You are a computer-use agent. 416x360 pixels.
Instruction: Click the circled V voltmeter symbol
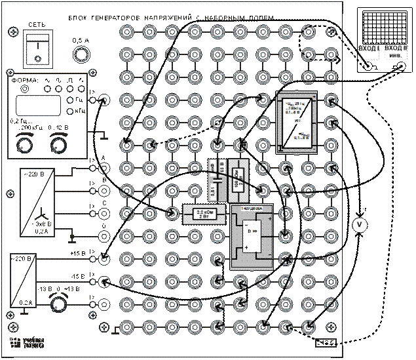tap(358, 225)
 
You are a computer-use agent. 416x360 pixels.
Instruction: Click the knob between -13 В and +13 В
tap(58, 304)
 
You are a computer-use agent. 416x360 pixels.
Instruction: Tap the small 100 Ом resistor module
tap(238, 177)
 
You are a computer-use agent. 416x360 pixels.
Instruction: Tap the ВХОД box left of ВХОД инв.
tap(368, 52)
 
